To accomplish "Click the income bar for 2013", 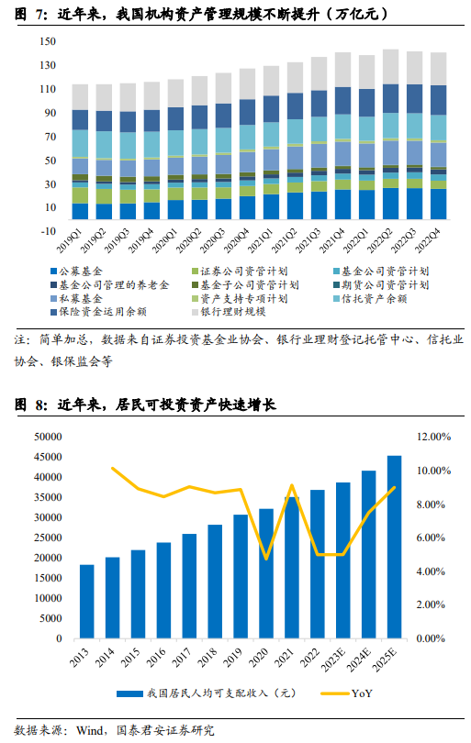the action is point(87,602).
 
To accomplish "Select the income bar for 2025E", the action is point(394,547).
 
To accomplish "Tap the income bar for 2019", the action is point(241,576).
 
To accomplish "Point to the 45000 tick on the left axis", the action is point(48,457).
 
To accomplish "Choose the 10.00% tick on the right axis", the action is point(433,471).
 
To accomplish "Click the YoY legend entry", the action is point(347,693).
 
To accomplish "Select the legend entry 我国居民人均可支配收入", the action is point(207,693).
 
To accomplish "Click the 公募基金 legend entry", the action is point(76,271).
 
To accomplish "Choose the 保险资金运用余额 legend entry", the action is point(98,312).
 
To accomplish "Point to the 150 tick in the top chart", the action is point(48,41).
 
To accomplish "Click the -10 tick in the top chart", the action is point(48,231).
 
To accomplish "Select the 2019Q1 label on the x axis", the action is point(70,240).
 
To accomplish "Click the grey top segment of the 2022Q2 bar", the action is point(390,67).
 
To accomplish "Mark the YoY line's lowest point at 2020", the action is point(266,560).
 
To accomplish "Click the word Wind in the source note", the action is point(89,730).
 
